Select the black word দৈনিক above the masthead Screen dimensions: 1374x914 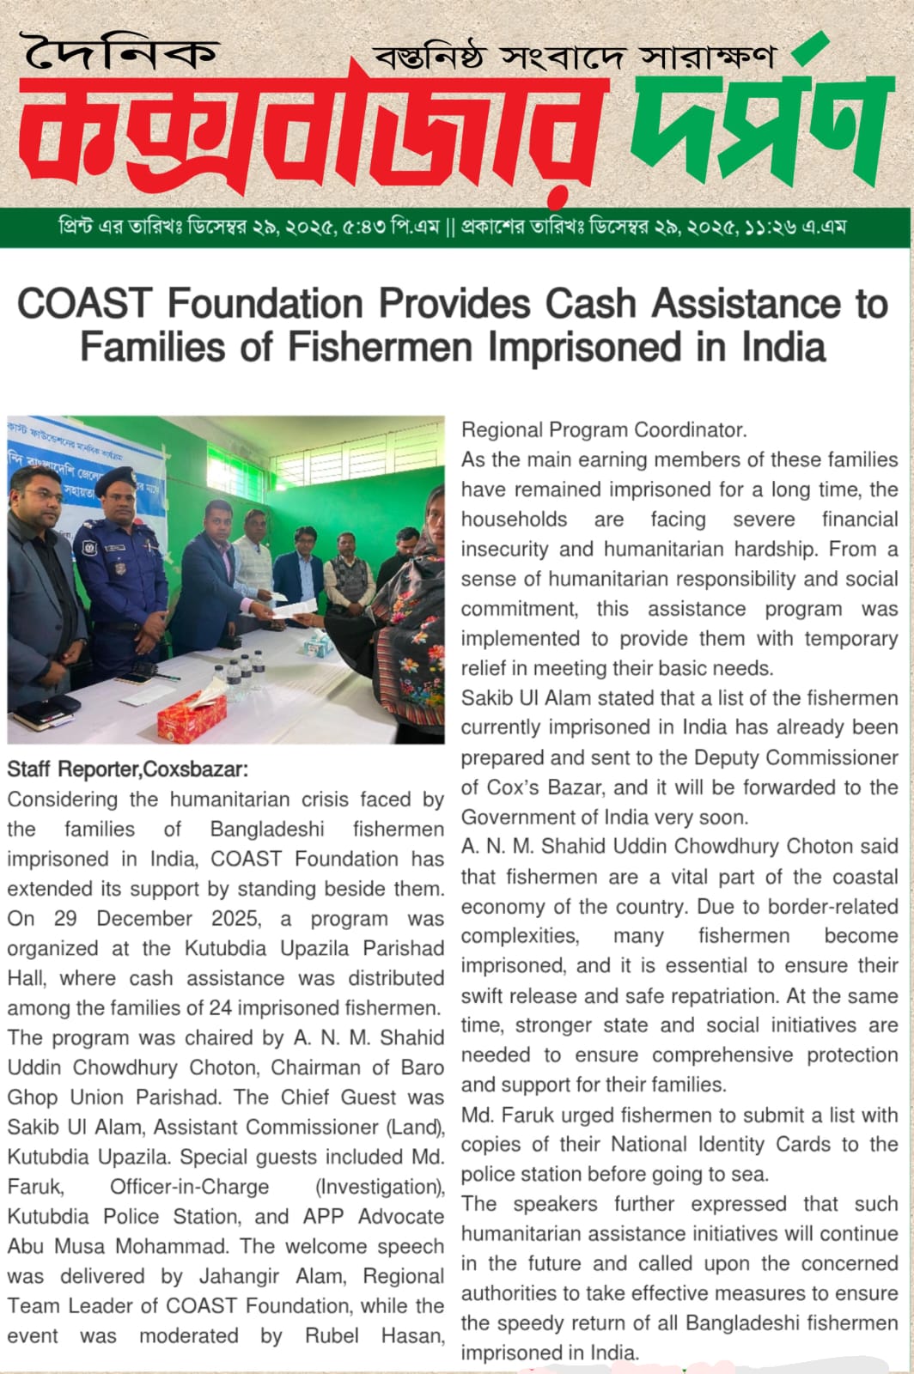coord(120,54)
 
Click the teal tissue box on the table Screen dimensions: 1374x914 coord(320,640)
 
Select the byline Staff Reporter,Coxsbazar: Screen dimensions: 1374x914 coord(127,769)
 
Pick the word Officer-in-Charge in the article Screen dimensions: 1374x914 coord(189,1187)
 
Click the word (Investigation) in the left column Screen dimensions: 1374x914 coord(380,1187)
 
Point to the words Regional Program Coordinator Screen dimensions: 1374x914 coord(604,429)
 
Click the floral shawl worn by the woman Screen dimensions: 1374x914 coord(404,653)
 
